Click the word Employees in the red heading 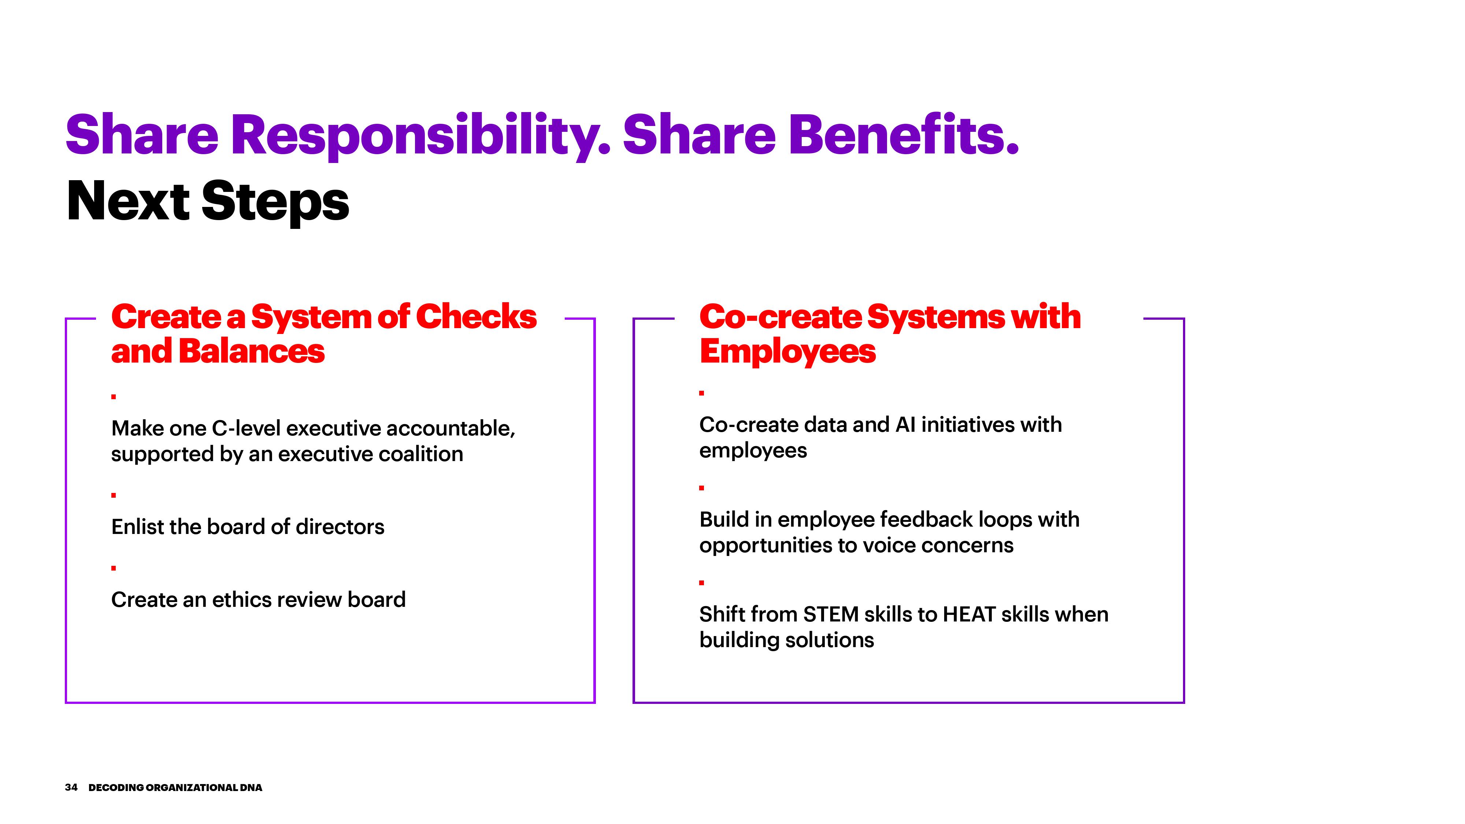coord(788,352)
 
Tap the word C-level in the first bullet coord(246,428)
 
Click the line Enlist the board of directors coord(248,527)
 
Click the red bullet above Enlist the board coord(114,495)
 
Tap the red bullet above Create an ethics coord(114,568)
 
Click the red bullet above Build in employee coord(702,488)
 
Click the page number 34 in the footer coord(71,788)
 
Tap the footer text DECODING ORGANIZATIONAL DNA coord(175,788)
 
